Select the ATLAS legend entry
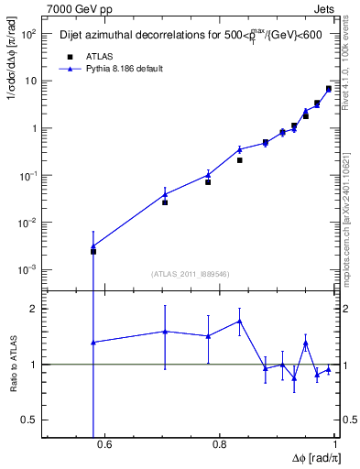[x=93, y=56]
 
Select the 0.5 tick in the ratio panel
[x=29, y=420]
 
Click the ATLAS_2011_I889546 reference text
[x=190, y=273]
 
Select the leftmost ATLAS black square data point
[x=93, y=251]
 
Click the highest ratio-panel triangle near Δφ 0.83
[x=239, y=321]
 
